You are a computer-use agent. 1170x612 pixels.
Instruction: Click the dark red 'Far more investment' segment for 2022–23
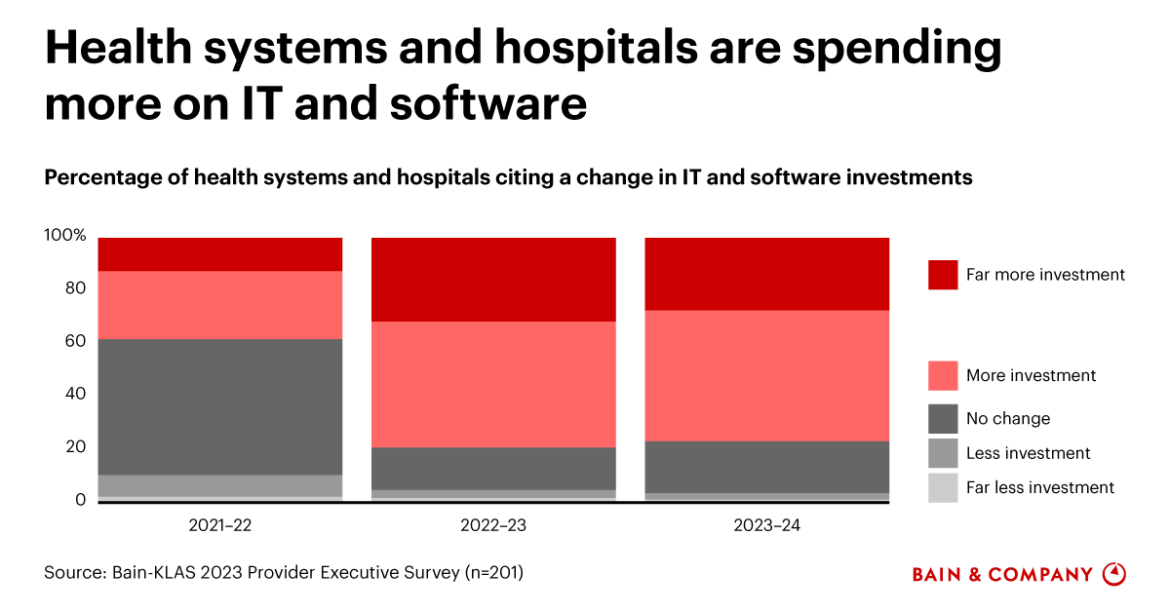click(493, 279)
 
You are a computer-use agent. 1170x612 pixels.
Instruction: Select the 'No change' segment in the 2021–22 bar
click(220, 406)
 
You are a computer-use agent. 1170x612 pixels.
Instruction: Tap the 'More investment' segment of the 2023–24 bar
click(767, 375)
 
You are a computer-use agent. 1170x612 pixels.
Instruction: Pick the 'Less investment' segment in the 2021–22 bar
click(220, 485)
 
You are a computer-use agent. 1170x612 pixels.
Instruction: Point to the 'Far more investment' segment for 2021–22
click(220, 253)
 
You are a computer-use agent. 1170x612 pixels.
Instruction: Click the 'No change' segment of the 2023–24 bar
click(767, 467)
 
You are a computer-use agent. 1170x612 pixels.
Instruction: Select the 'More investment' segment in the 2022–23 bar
click(493, 384)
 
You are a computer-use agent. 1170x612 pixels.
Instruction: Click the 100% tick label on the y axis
click(65, 236)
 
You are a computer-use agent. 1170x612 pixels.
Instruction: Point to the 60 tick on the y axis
click(74, 341)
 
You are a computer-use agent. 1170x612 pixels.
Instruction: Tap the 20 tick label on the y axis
click(74, 447)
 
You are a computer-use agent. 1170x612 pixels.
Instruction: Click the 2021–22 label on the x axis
click(220, 525)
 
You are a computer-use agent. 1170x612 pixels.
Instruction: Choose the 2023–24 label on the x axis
click(767, 525)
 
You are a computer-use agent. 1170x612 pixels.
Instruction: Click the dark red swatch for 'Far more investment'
click(943, 275)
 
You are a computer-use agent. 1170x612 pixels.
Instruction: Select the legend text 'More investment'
click(1031, 375)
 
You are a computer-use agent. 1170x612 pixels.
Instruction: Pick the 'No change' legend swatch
click(943, 419)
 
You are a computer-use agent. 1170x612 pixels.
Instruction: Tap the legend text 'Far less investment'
click(1039, 487)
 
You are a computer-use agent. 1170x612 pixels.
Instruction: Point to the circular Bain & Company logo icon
click(1113, 573)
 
